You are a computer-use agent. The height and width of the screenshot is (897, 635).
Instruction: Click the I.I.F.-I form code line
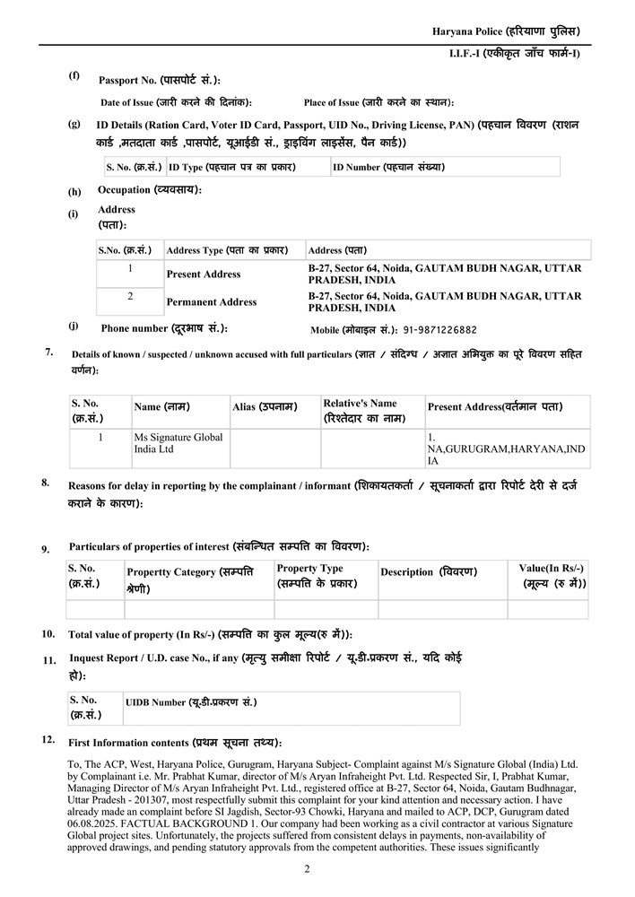pyautogui.click(x=515, y=54)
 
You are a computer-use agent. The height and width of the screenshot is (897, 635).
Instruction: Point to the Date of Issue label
pyautogui.click(x=176, y=102)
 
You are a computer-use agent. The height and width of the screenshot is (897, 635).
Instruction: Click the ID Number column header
pyautogui.click(x=388, y=167)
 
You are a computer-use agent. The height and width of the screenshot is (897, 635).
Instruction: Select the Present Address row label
pyautogui.click(x=204, y=274)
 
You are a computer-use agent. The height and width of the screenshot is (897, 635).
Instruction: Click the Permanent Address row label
pyautogui.click(x=212, y=301)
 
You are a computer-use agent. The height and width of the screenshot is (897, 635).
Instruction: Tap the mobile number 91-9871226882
pyautogui.click(x=440, y=330)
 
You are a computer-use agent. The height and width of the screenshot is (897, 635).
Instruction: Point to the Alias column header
pyautogui.click(x=265, y=406)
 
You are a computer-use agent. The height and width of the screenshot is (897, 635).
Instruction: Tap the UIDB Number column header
pyautogui.click(x=191, y=701)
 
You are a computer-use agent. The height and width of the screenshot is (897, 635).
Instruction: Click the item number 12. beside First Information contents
pyautogui.click(x=48, y=740)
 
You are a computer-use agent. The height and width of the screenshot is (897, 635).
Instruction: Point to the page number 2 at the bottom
pyautogui.click(x=307, y=868)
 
